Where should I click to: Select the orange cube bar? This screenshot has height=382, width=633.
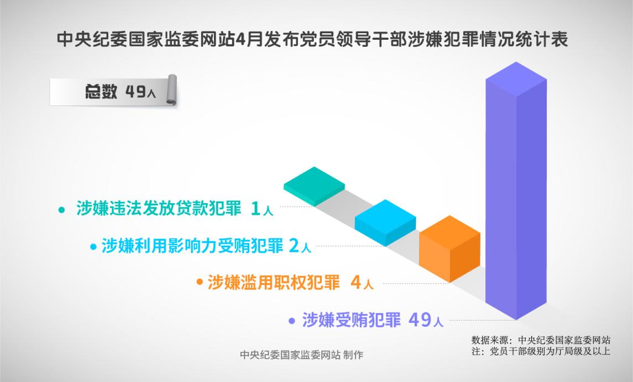click(449, 248)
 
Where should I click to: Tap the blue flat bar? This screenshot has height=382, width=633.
click(385, 222)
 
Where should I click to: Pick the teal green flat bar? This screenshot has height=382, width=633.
click(314, 186)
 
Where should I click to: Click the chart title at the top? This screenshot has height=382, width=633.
click(312, 40)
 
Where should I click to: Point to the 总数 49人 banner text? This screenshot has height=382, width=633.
click(120, 92)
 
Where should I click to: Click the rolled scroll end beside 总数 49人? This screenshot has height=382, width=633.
click(172, 89)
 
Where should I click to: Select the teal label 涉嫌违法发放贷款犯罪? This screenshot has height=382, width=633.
click(158, 208)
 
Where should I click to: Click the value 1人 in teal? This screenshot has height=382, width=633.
click(261, 209)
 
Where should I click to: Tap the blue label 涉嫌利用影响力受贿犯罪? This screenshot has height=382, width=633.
click(192, 246)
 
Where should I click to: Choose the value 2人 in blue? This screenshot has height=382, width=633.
click(300, 246)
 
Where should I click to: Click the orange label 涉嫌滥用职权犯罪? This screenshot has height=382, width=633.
click(273, 282)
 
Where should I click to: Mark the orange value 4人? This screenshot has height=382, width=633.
click(362, 283)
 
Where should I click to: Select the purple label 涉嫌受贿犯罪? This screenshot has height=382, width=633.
click(351, 320)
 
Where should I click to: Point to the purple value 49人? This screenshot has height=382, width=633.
click(426, 320)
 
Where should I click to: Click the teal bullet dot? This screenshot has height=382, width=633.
click(61, 210)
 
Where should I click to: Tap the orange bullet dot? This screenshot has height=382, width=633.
click(200, 282)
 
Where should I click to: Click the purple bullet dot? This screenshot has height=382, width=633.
click(292, 321)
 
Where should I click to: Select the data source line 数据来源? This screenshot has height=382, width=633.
click(541, 339)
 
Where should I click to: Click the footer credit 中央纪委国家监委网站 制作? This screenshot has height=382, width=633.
click(301, 354)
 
